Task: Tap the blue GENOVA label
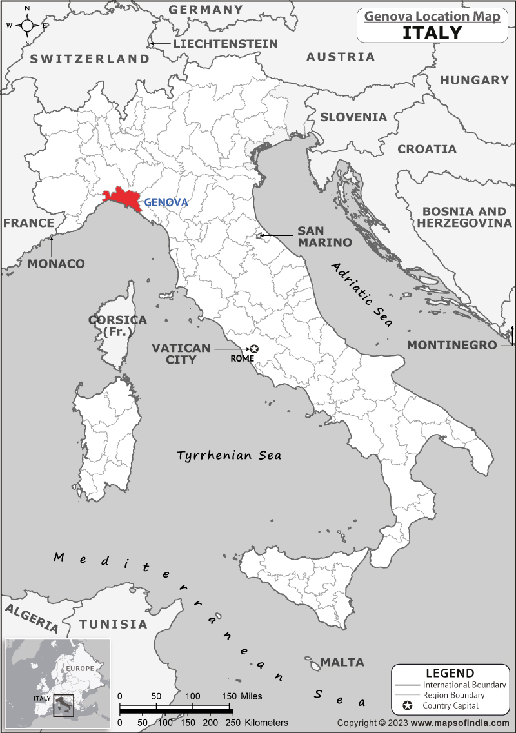coord(166,202)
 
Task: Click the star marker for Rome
coord(253,349)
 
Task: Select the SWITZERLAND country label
coord(90,59)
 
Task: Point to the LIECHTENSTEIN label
coord(225,44)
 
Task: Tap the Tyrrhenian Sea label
coord(229,455)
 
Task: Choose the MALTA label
coord(342,662)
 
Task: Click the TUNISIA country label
coord(113,624)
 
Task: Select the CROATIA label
coord(426,149)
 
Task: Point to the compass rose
coord(27,26)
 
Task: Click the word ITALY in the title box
coord(432,32)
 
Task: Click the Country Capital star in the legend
coord(407,706)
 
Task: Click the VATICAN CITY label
coord(181,353)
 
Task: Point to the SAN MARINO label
coord(324,237)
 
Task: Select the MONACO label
coord(56,264)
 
